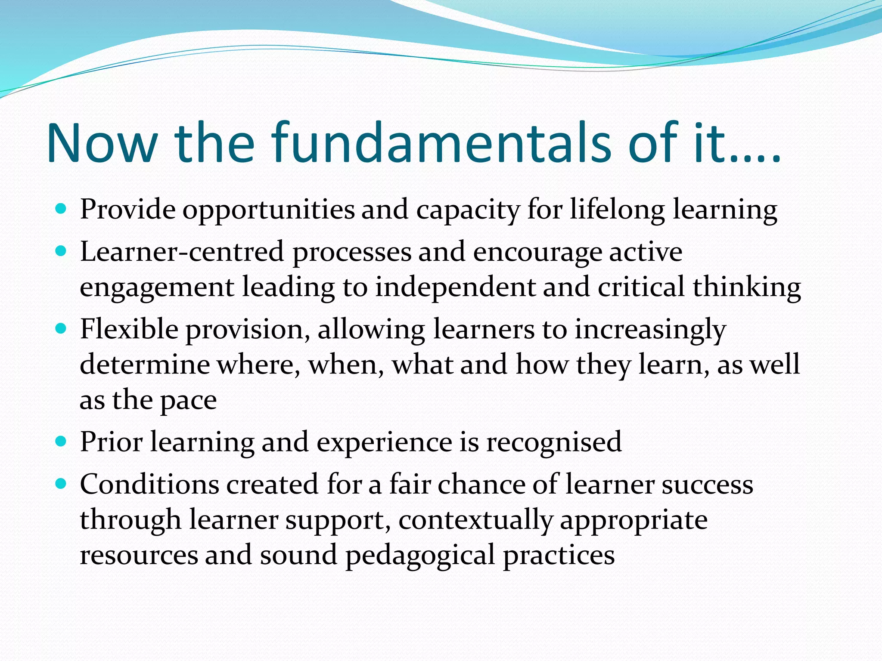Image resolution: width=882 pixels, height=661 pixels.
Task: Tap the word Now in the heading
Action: [x=102, y=143]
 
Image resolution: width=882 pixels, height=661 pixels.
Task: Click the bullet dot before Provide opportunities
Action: [x=62, y=210]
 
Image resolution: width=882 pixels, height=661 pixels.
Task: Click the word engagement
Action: [x=157, y=288]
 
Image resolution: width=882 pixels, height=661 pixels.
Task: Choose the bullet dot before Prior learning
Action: [x=62, y=442]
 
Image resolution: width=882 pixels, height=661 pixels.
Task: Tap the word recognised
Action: [x=554, y=442]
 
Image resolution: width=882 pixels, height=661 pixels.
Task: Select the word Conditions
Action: [x=149, y=484]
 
